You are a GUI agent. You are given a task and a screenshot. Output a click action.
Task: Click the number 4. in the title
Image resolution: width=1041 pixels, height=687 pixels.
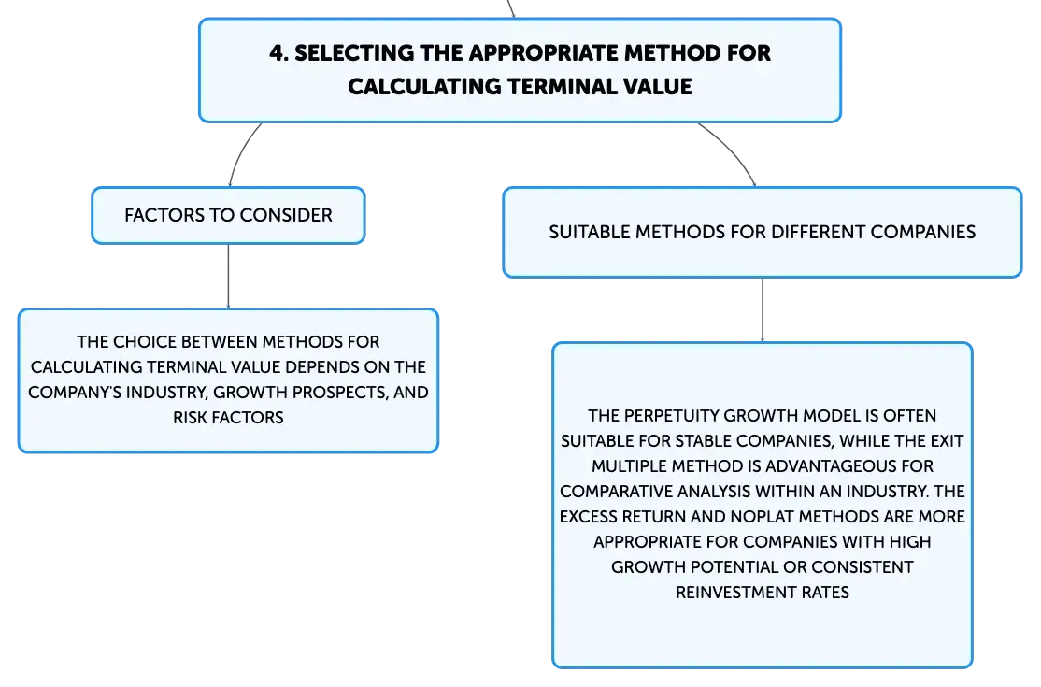tap(278, 53)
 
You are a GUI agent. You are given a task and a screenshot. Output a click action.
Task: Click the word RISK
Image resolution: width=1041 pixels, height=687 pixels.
tap(190, 418)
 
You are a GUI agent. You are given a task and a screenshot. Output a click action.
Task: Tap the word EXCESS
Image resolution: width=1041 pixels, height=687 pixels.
tap(589, 516)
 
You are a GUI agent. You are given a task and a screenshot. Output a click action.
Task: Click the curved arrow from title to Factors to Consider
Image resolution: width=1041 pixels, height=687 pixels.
tap(241, 151)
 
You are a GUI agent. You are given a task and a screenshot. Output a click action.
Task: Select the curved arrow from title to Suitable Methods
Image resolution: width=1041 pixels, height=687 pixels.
tap(733, 150)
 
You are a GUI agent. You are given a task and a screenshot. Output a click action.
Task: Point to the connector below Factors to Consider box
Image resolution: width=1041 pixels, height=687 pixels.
tap(228, 276)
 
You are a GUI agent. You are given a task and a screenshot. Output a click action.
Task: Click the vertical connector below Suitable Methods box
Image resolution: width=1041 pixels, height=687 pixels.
tap(763, 310)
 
